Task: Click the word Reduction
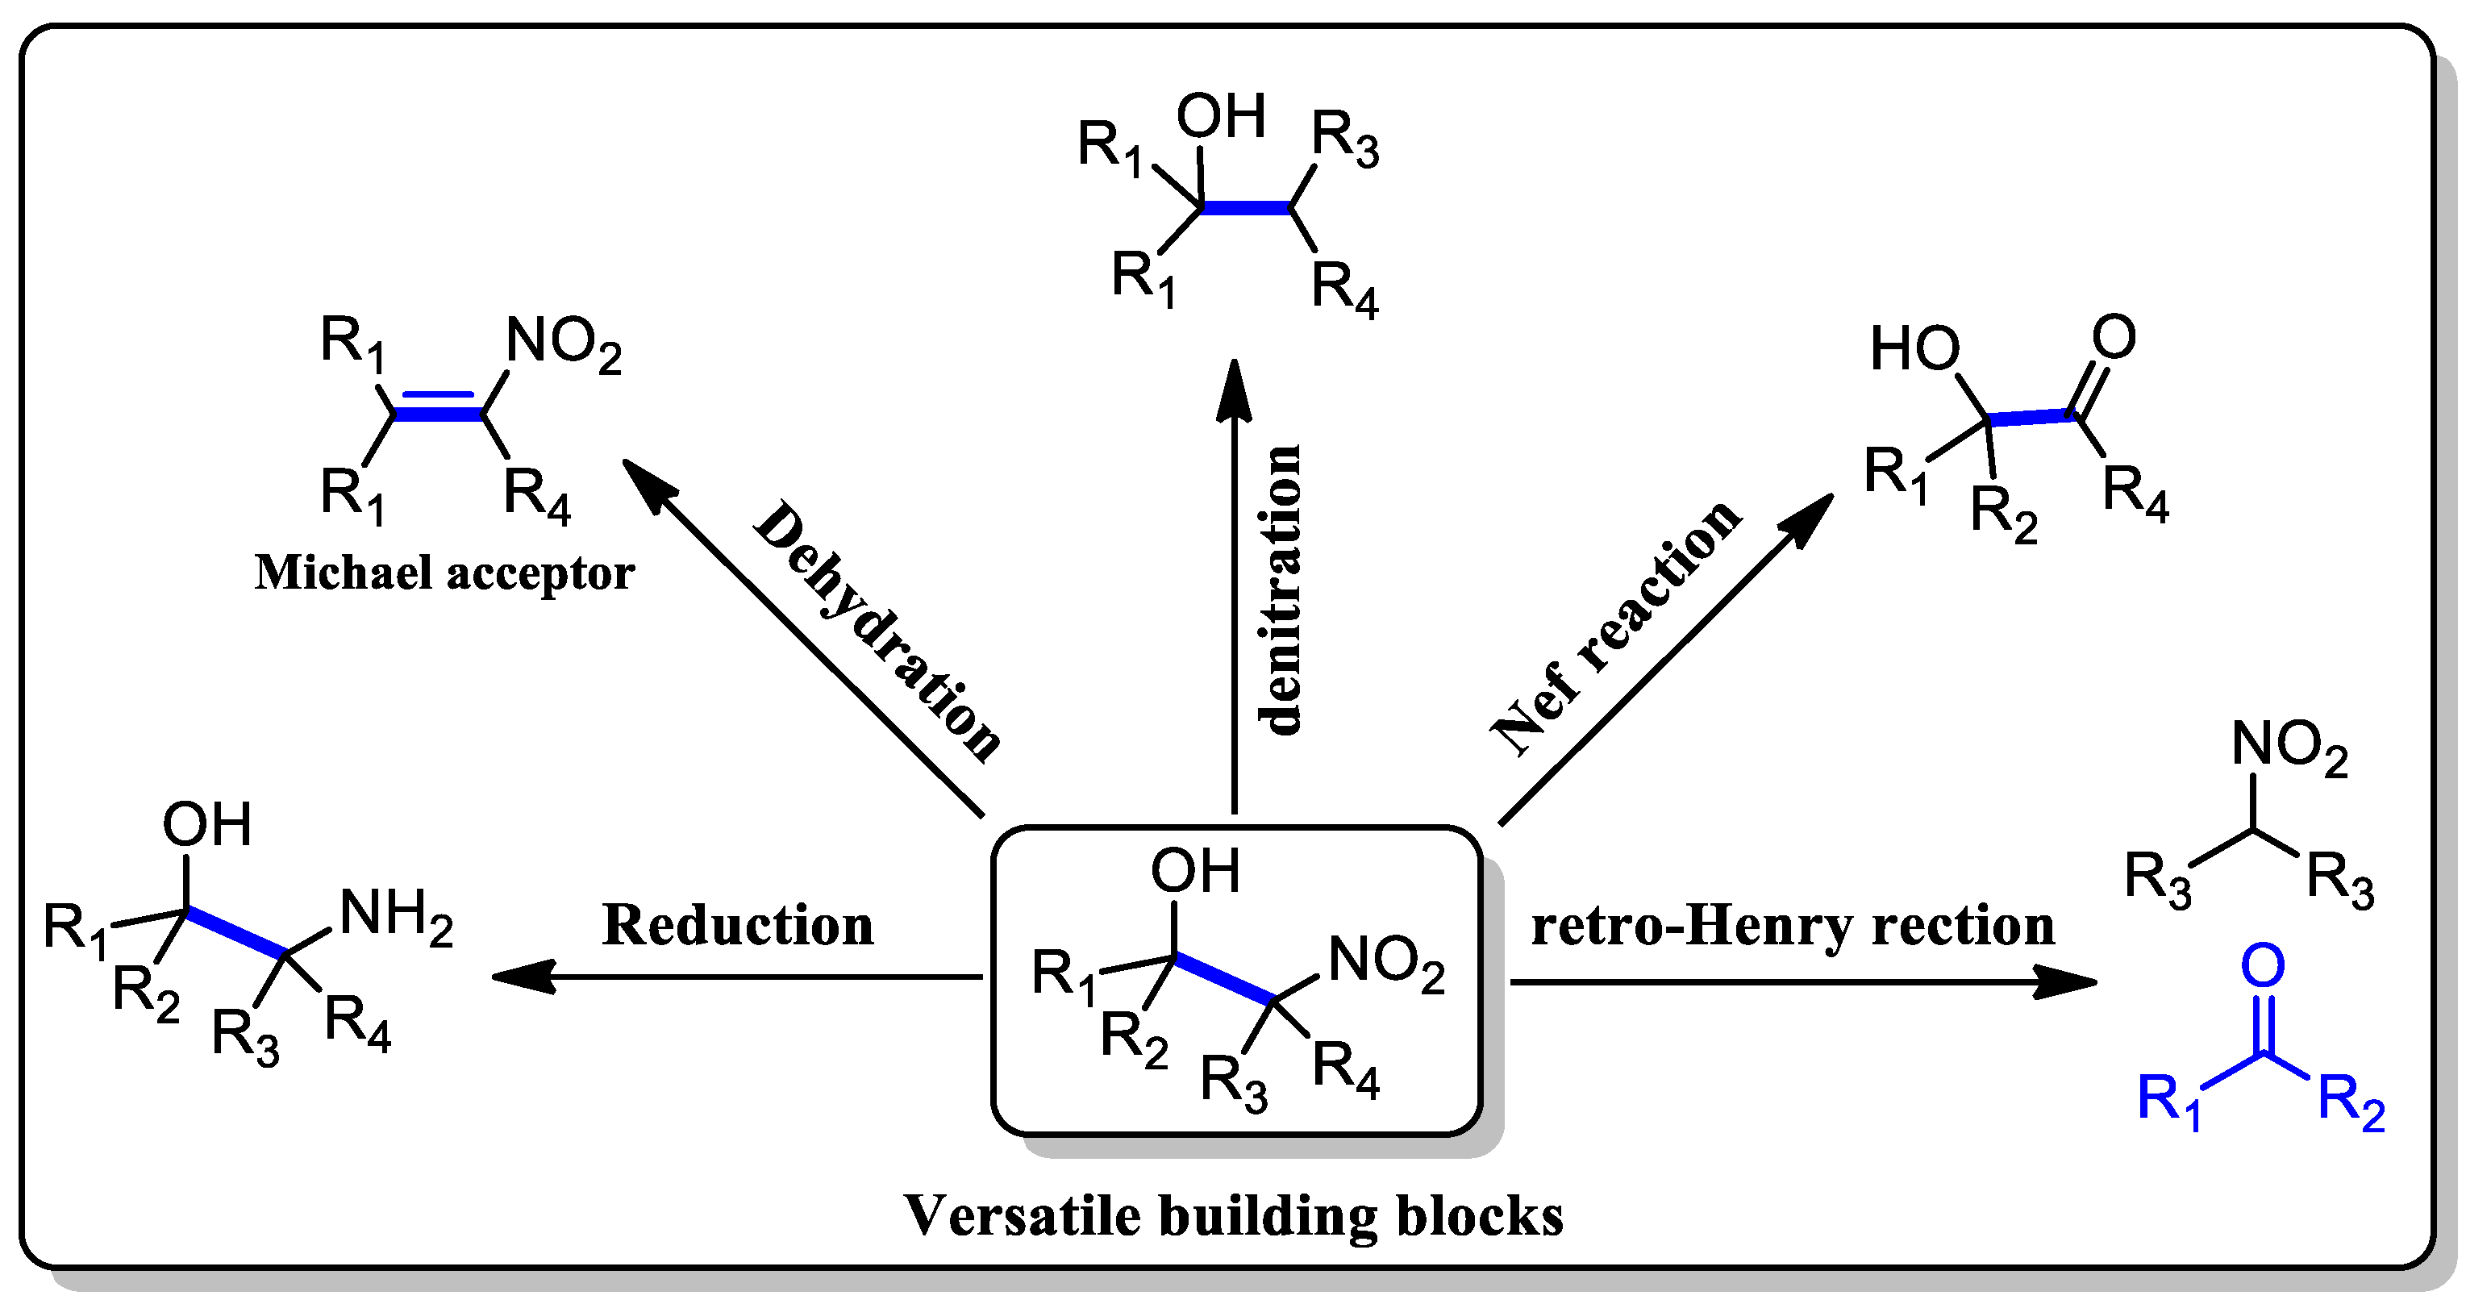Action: pos(737,926)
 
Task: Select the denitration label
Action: pos(1281,590)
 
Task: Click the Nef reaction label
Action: pos(1617,627)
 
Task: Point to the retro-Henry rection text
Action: pos(1792,926)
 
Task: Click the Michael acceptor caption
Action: pos(444,573)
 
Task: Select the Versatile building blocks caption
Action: pos(1234,1216)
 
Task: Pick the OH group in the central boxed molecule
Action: pos(1195,871)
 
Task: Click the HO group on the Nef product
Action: pos(1914,348)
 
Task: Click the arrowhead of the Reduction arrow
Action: pos(522,977)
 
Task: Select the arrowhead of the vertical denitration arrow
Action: pos(1234,388)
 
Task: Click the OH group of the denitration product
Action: pos(1221,117)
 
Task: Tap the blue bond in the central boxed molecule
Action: pos(1224,978)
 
